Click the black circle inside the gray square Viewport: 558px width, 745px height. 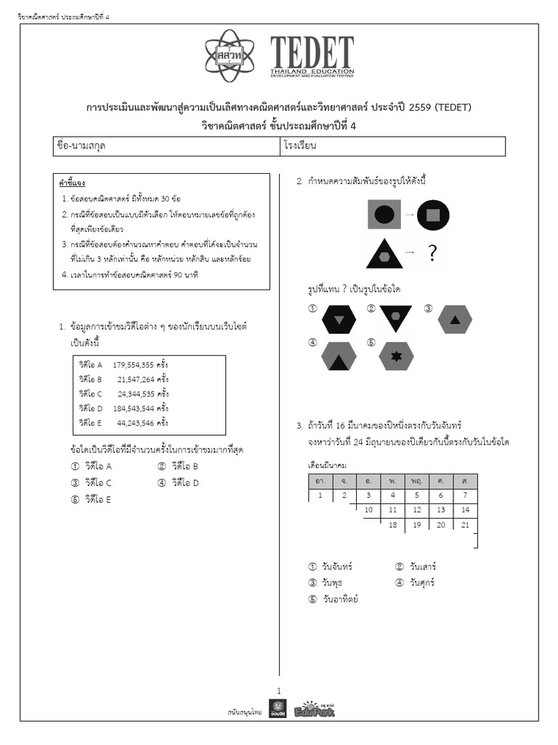pos(385,215)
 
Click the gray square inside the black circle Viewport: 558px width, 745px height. pos(433,215)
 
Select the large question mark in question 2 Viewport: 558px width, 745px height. pos(432,253)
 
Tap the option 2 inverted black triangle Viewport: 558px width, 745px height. pos(395,317)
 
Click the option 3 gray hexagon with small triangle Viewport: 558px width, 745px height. pos(455,319)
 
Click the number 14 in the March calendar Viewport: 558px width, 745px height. pos(465,510)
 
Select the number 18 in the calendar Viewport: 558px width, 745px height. pos(392,525)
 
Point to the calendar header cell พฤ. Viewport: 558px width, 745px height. pos(416,482)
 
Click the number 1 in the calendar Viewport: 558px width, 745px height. pos(320,495)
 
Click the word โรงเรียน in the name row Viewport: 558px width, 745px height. pos(302,146)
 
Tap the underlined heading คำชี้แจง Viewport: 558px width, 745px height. pos(72,183)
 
